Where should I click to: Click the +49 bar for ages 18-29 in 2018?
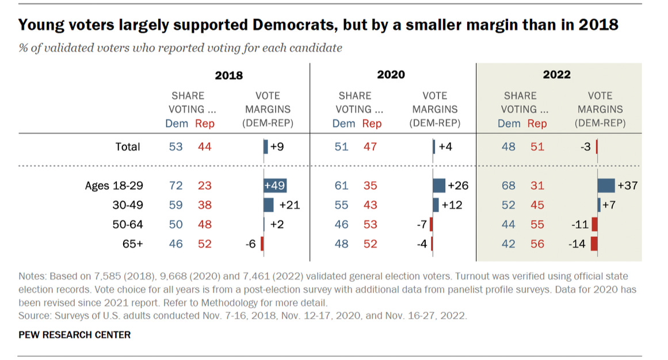[275, 186]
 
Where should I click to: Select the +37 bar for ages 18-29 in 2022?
[606, 186]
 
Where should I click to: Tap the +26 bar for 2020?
[439, 186]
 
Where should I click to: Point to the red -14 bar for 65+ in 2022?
[594, 244]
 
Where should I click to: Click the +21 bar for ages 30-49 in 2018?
[269, 205]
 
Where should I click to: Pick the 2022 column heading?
[557, 75]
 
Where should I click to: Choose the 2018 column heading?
[228, 75]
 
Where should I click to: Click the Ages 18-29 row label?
[113, 186]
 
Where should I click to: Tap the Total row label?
[127, 147]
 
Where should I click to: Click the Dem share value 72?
[175, 186]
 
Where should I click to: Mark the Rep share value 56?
[537, 244]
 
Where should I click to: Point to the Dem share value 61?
[341, 186]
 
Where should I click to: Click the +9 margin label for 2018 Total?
[277, 147]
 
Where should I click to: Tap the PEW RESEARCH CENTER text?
[75, 335]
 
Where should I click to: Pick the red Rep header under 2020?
[372, 123]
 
